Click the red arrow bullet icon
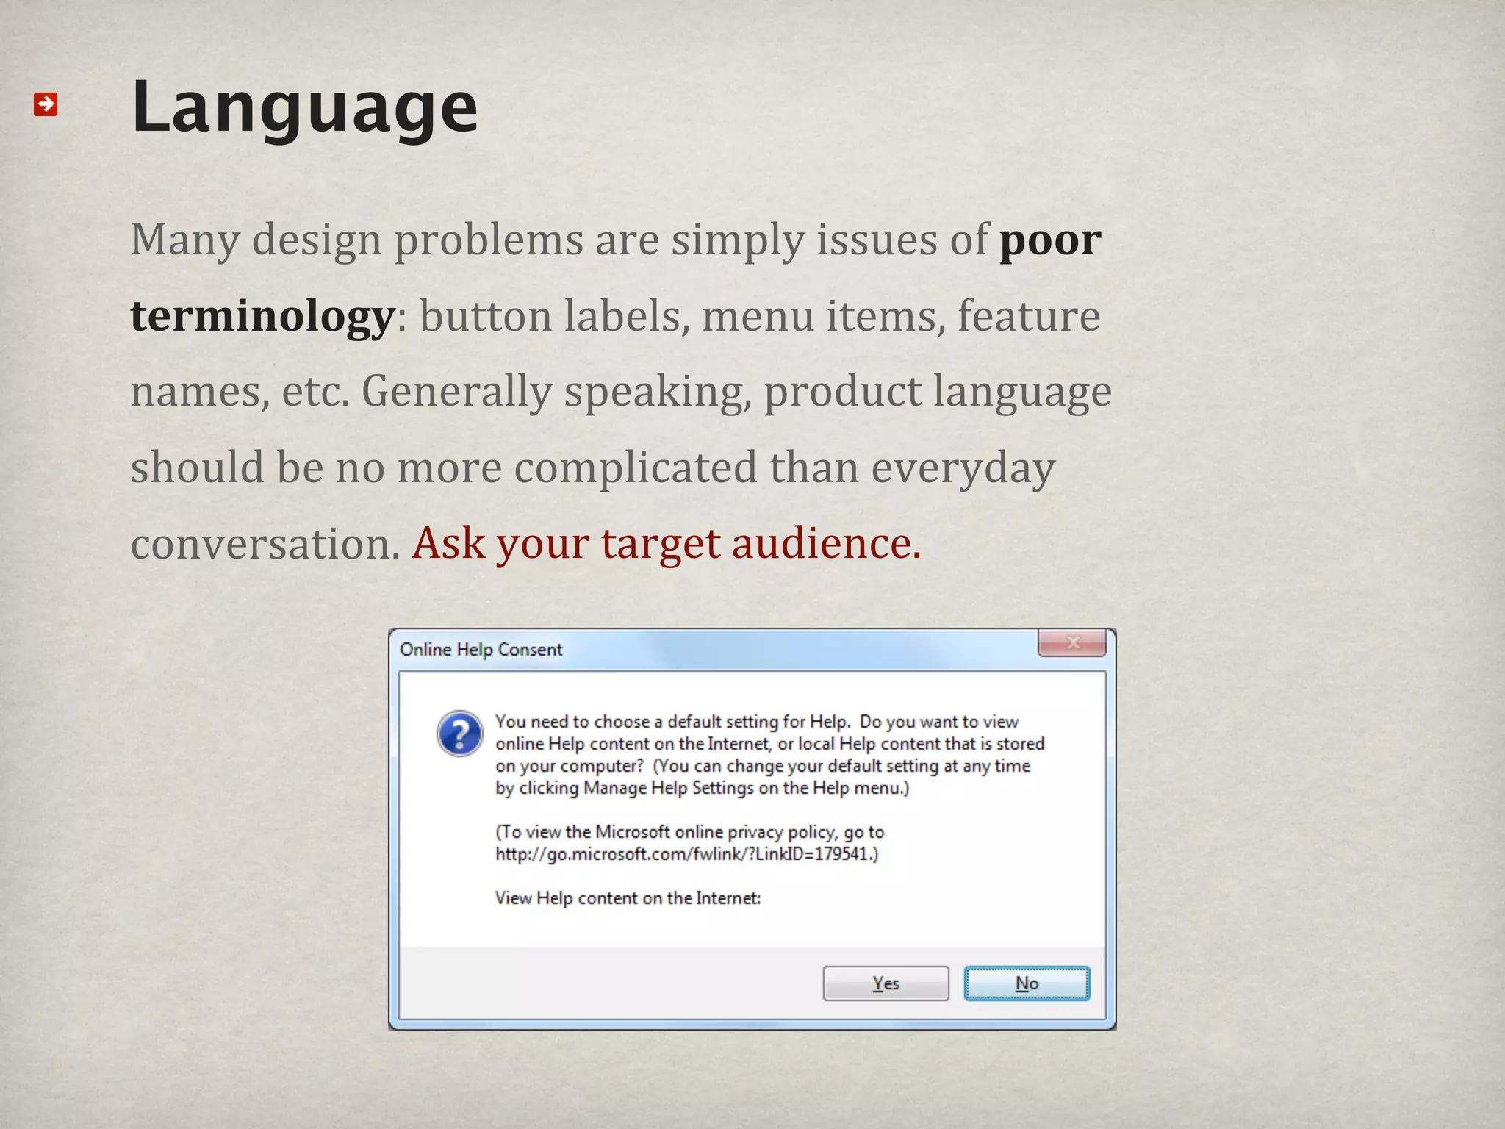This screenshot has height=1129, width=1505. [46, 104]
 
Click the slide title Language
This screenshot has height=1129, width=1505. [304, 107]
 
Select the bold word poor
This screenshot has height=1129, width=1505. [1049, 240]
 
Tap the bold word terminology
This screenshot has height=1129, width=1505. [263, 317]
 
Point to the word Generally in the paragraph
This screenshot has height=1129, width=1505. [456, 392]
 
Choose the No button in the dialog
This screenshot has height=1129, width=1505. [1027, 983]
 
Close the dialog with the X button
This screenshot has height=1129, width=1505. [1072, 642]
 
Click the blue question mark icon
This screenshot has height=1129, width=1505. [459, 734]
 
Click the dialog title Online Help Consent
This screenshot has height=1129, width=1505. [481, 650]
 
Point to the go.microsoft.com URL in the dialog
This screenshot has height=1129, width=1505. [685, 854]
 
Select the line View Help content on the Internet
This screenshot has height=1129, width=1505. [628, 898]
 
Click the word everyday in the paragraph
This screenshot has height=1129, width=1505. [963, 468]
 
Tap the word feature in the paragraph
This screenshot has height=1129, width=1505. [1028, 317]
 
